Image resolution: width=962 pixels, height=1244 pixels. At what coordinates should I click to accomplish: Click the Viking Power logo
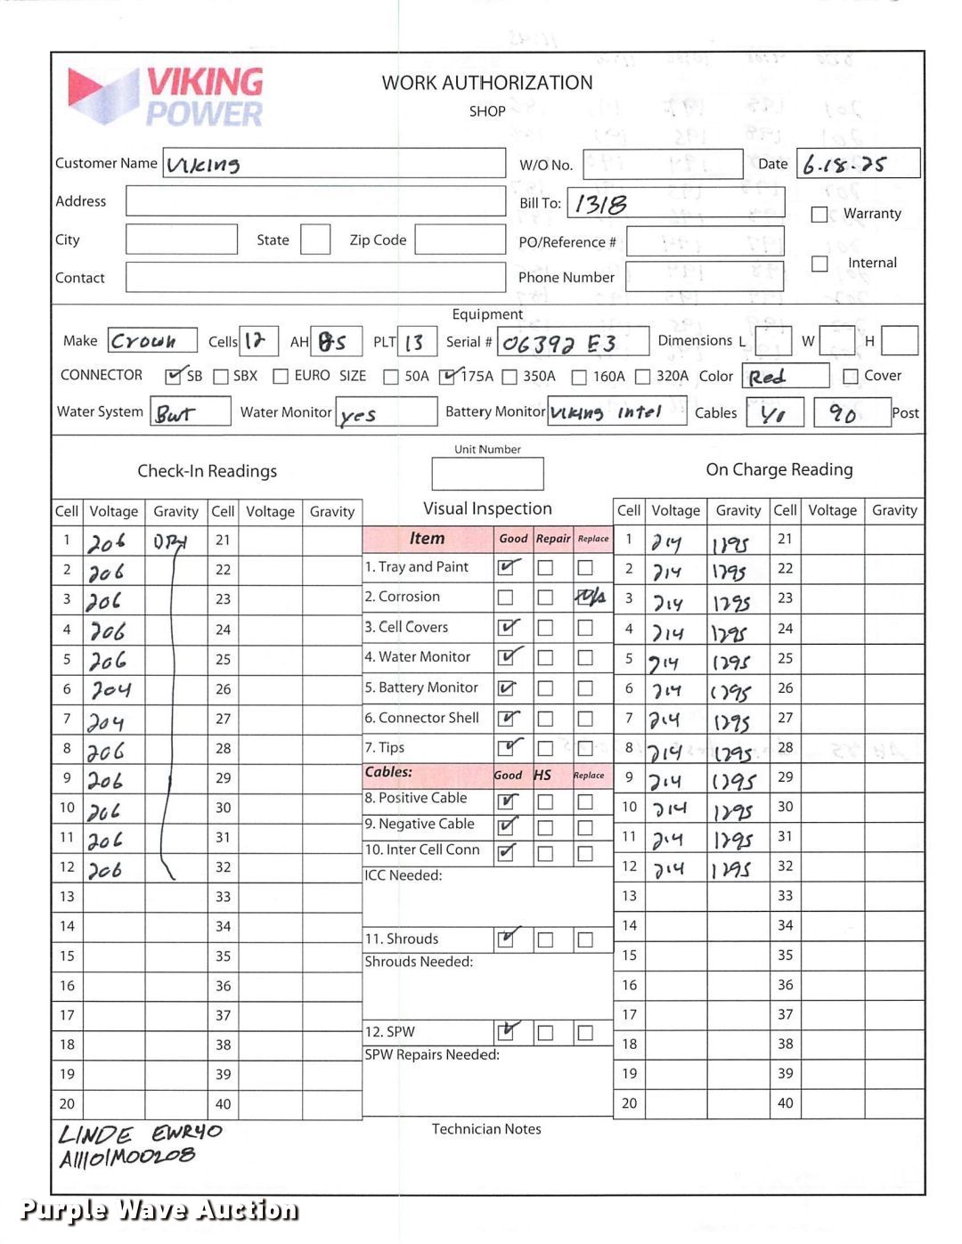click(x=166, y=96)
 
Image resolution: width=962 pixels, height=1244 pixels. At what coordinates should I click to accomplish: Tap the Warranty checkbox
click(x=819, y=214)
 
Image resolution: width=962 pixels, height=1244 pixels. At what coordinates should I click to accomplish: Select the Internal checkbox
click(x=819, y=264)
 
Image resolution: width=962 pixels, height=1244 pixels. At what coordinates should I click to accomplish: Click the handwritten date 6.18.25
click(x=844, y=165)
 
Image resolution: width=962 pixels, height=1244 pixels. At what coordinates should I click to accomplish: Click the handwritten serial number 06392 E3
click(x=558, y=343)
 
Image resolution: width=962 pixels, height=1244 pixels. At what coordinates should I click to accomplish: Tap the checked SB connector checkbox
click(x=175, y=376)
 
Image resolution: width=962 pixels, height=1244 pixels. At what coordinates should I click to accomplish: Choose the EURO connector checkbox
click(x=281, y=377)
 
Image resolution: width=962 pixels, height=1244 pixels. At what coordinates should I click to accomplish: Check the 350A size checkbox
click(x=510, y=377)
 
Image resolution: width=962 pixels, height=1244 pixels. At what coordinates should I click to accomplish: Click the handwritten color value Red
click(x=767, y=377)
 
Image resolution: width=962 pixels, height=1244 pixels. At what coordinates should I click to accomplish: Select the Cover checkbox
click(x=851, y=377)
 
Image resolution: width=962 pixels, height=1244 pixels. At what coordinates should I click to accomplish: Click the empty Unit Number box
click(x=487, y=474)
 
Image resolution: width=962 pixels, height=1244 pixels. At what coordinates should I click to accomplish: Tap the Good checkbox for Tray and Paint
click(x=507, y=567)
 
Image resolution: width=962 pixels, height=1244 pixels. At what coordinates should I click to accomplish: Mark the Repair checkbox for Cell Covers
click(x=546, y=628)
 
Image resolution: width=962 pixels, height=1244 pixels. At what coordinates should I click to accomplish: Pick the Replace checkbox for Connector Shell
click(x=585, y=719)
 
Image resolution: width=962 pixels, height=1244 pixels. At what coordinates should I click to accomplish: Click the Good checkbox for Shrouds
click(x=506, y=939)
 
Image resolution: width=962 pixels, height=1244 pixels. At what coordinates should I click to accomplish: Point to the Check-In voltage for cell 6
click(x=112, y=690)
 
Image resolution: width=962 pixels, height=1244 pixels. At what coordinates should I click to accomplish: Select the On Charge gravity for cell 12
click(x=732, y=868)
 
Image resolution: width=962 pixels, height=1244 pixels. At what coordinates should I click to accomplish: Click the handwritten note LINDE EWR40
click(x=140, y=1134)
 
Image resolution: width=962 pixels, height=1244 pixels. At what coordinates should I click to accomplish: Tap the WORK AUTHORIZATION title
click(x=487, y=83)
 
